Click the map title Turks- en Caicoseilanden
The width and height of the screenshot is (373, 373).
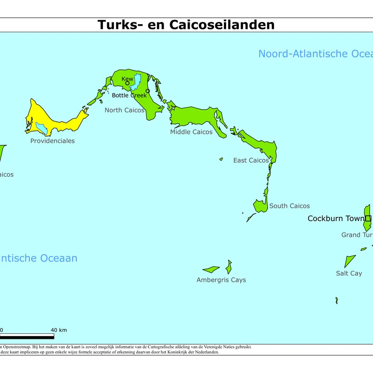click(186, 24)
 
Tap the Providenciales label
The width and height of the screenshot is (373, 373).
click(52, 141)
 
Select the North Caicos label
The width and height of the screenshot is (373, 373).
click(124, 110)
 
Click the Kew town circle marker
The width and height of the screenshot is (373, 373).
click(127, 83)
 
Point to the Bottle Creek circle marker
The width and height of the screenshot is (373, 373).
click(148, 91)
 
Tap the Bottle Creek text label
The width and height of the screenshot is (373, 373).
click(129, 96)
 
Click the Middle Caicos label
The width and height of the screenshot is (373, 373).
click(191, 132)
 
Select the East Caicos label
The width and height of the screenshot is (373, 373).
click(251, 160)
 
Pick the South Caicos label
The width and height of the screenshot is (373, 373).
click(289, 206)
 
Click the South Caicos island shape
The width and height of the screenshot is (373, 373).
click(260, 206)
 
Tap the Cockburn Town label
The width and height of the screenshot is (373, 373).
click(336, 218)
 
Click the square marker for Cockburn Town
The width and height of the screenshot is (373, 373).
click(368, 218)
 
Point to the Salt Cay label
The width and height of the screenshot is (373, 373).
click(349, 273)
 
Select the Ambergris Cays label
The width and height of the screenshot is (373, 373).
click(221, 280)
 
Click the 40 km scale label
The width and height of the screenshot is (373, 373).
click(59, 330)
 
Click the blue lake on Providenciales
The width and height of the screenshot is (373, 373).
click(41, 127)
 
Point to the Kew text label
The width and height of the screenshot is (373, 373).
click(127, 79)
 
